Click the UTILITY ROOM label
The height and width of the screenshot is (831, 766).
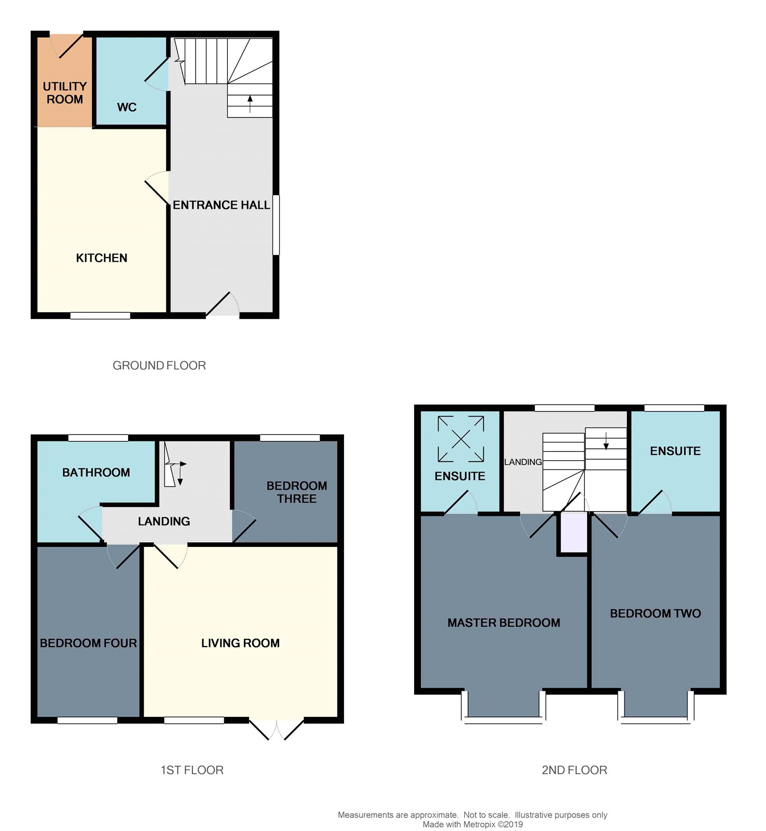pyautogui.click(x=65, y=92)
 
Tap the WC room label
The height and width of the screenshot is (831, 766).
pyautogui.click(x=127, y=108)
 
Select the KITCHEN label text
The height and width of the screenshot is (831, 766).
pyautogui.click(x=102, y=258)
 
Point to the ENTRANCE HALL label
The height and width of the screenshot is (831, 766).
pyautogui.click(x=222, y=205)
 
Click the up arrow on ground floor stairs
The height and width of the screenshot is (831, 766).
pyautogui.click(x=250, y=104)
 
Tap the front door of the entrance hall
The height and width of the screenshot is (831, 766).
pyautogui.click(x=223, y=305)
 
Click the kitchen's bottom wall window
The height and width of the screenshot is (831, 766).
pyautogui.click(x=100, y=315)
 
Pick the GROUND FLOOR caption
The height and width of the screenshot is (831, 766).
pyautogui.click(x=159, y=366)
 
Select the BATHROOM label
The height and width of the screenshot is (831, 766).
pyautogui.click(x=96, y=473)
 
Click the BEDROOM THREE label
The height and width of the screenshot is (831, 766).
pyautogui.click(x=297, y=492)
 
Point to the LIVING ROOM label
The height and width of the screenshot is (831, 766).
pyautogui.click(x=240, y=644)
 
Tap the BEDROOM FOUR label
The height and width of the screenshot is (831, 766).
pyautogui.click(x=88, y=644)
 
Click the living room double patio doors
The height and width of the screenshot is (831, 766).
pyautogui.click(x=277, y=729)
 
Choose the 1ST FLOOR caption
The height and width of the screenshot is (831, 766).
pyautogui.click(x=192, y=770)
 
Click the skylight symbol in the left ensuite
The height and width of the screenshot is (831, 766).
pyautogui.click(x=461, y=439)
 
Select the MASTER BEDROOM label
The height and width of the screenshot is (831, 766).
pyautogui.click(x=504, y=623)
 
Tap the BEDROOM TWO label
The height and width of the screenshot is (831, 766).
pyautogui.click(x=655, y=613)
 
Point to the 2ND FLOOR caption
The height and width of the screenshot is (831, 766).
pyautogui.click(x=574, y=770)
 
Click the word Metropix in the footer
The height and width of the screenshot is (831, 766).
pyautogui.click(x=478, y=824)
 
